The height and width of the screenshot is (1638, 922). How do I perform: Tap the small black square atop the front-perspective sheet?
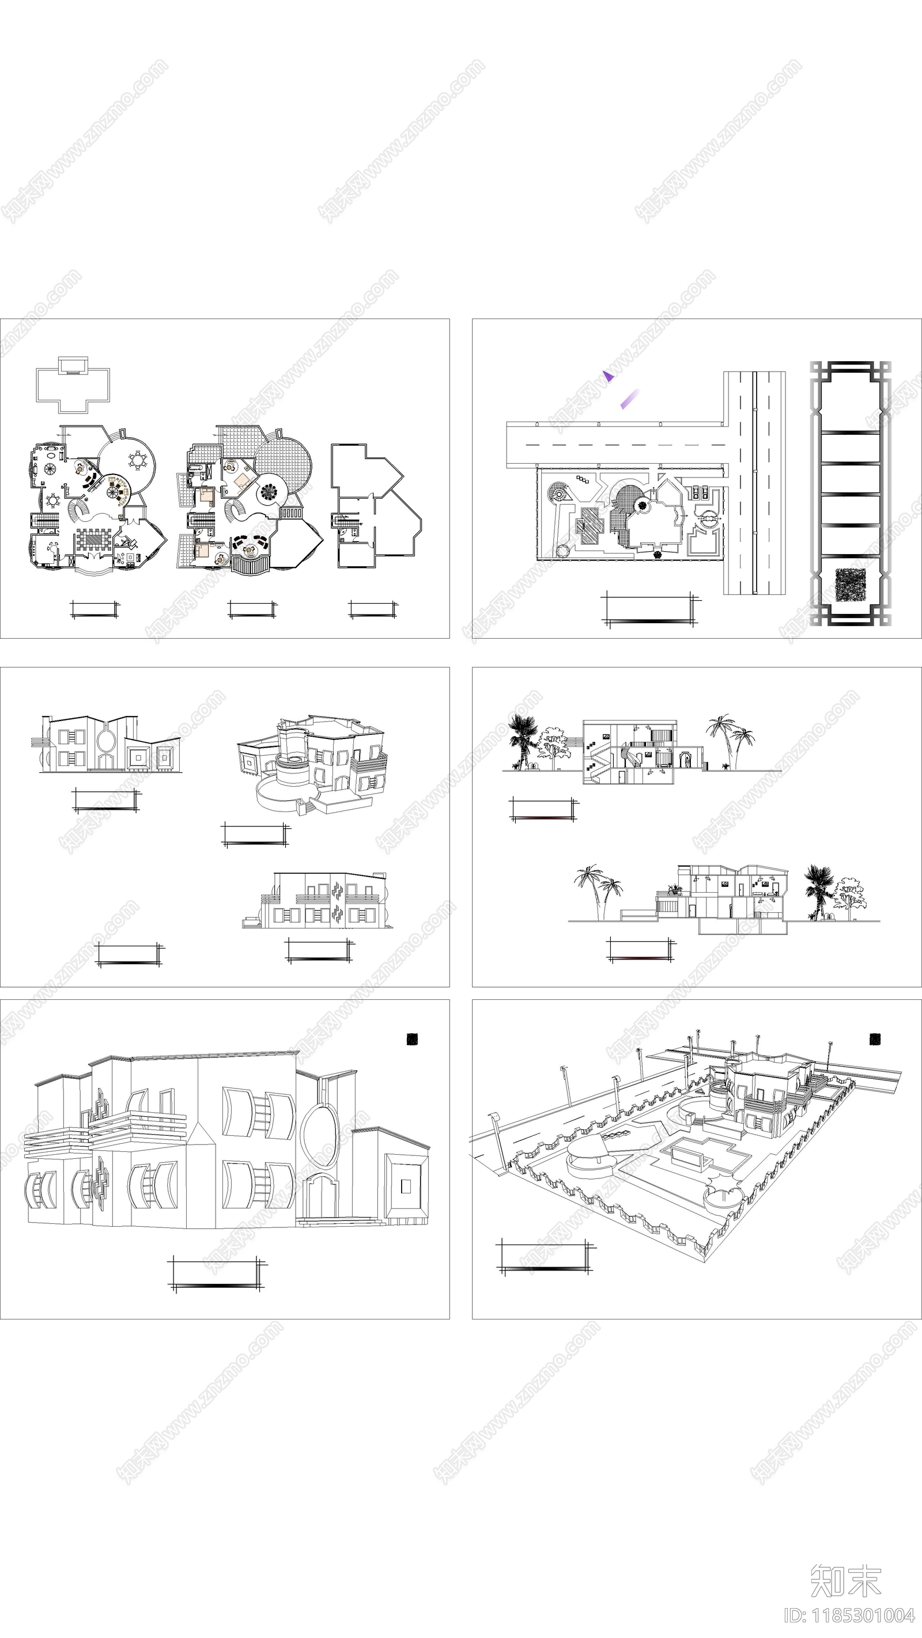[x=413, y=1039]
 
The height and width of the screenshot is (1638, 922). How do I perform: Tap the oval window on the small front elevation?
[x=105, y=739]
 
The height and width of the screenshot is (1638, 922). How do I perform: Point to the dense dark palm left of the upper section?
[x=523, y=738]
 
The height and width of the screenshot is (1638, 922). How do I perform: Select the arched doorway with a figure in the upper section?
[x=686, y=760]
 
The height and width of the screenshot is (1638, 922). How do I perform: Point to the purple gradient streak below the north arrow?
[x=629, y=399]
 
